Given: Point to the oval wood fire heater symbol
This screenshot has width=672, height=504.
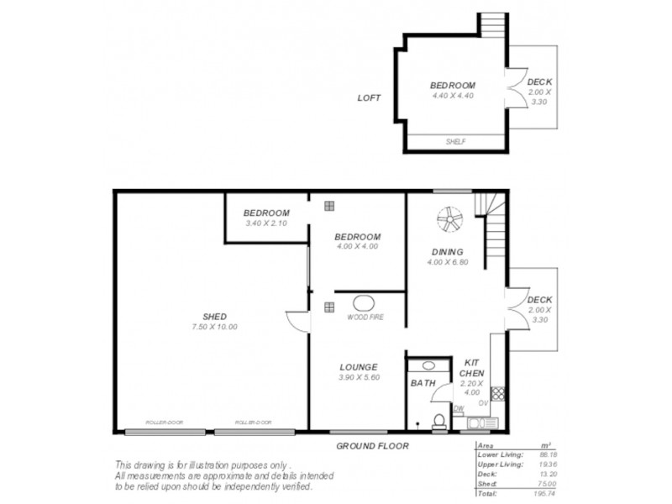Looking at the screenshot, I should (x=365, y=304).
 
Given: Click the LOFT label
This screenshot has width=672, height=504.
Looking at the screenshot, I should (x=369, y=98).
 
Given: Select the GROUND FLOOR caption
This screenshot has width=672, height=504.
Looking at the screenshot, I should (x=372, y=446).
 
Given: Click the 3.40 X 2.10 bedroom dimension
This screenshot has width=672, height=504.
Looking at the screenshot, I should (x=266, y=223).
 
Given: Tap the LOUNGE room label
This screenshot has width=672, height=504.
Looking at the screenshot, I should (x=358, y=367).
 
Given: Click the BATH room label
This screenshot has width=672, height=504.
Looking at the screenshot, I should (x=422, y=384).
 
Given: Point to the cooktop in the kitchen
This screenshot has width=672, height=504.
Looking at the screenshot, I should (x=496, y=392).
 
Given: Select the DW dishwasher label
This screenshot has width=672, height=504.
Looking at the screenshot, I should (x=459, y=410).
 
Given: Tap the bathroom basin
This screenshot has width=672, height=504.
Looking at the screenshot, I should (x=429, y=366).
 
